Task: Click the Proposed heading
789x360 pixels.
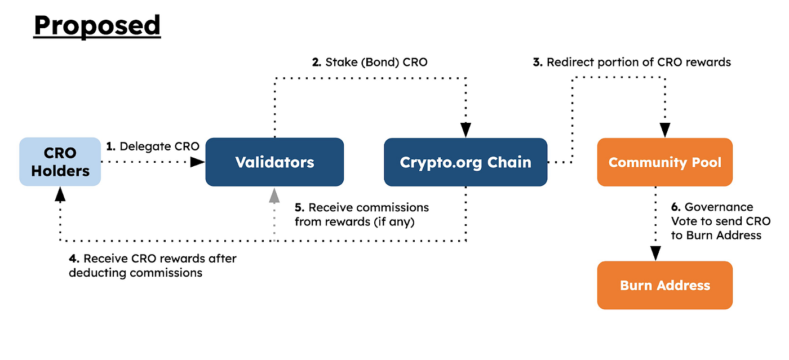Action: pos(97,26)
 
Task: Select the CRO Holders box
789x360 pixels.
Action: pos(60,162)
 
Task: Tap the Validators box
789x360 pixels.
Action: pos(274,162)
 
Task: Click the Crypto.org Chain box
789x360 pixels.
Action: pos(466,162)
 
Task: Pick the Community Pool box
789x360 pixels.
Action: pos(665,162)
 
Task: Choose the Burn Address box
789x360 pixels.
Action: pos(665,285)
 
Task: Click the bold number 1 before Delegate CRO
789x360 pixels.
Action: pos(110,146)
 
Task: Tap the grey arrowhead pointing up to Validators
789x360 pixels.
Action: pos(274,195)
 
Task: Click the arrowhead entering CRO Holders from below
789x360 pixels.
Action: pos(60,195)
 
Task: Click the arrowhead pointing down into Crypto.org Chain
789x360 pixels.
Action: pos(466,131)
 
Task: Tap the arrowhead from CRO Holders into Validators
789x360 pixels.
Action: pos(197,162)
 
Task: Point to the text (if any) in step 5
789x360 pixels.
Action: pos(394,222)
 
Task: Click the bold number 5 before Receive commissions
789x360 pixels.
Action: pos(299,208)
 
